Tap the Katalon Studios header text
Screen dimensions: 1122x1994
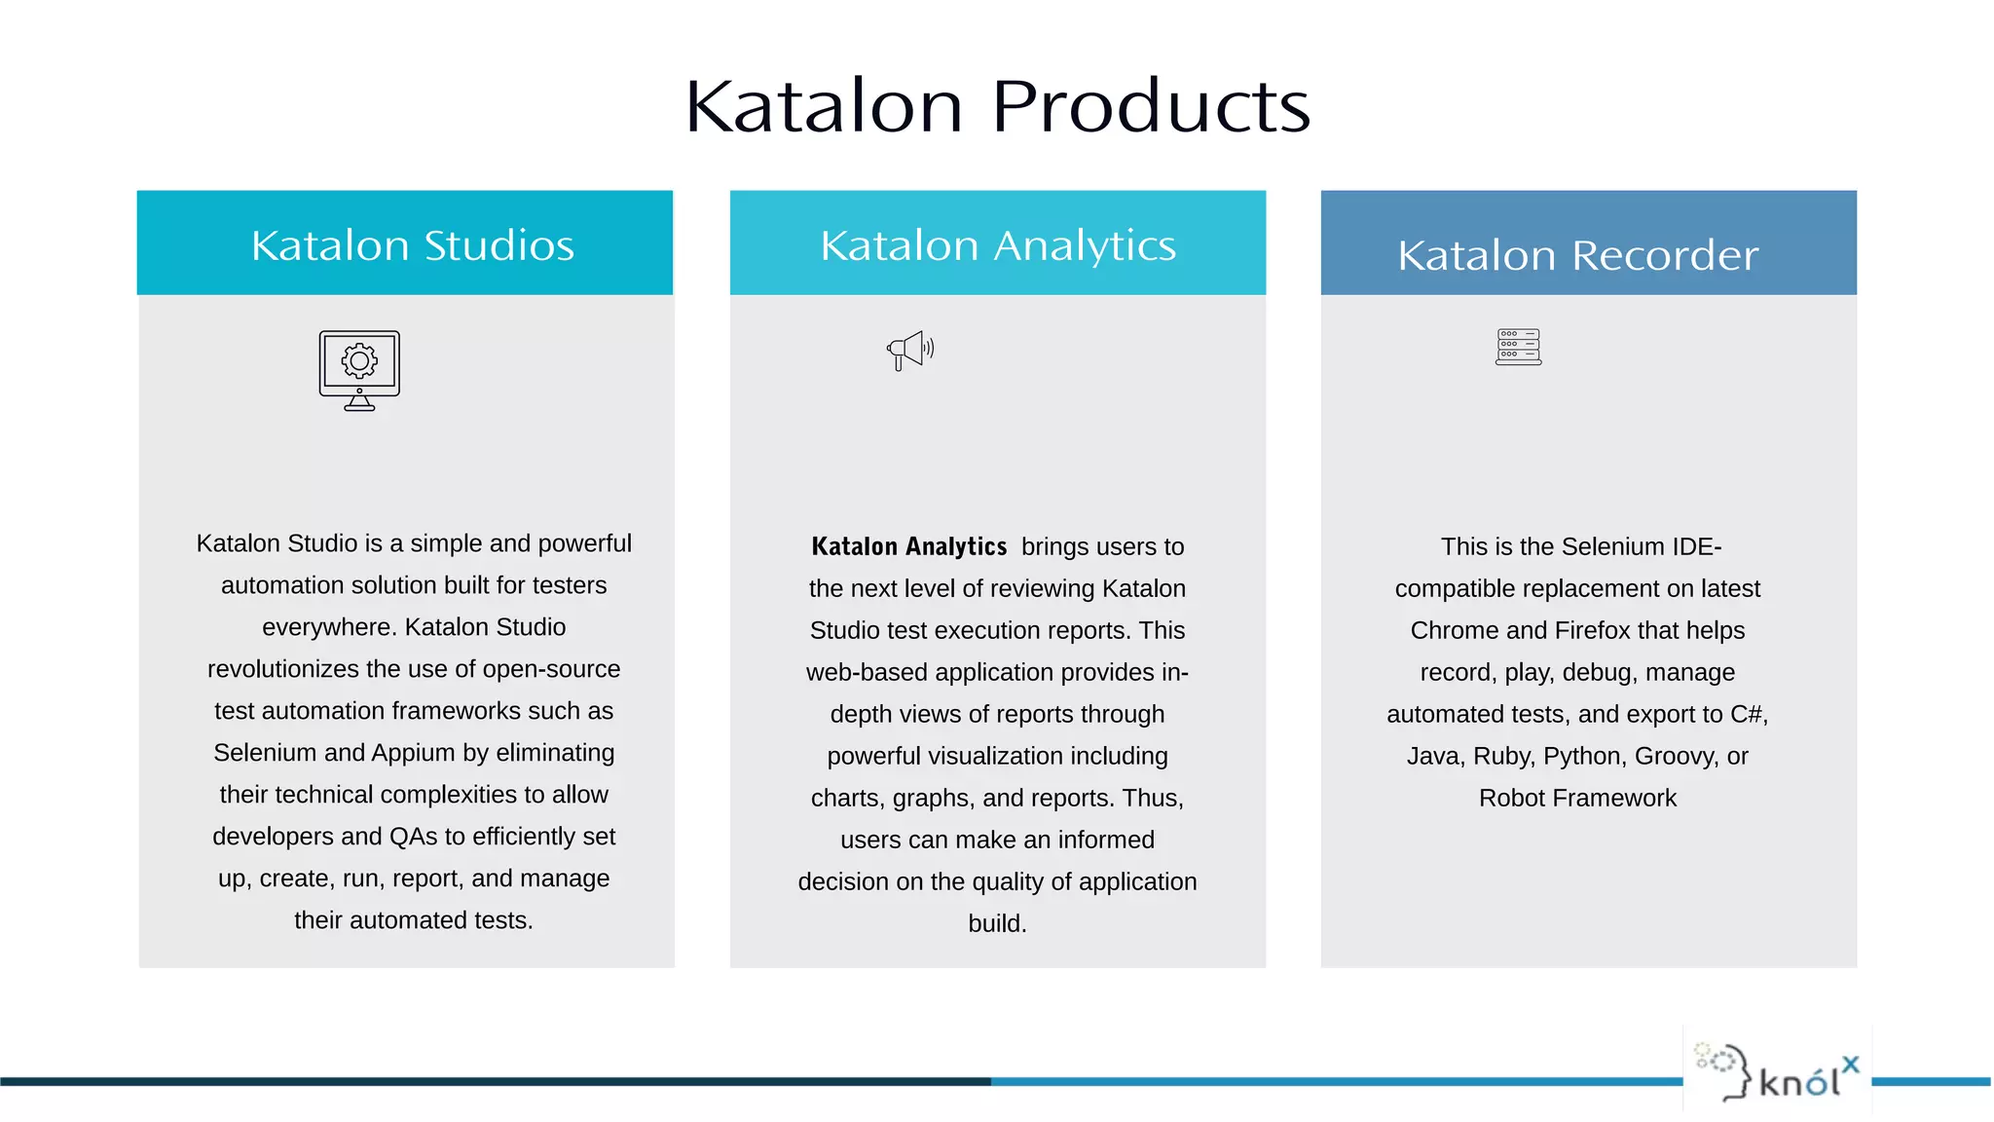[x=413, y=245]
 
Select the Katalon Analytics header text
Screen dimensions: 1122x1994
[x=998, y=245]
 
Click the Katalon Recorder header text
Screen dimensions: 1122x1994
[x=1577, y=255]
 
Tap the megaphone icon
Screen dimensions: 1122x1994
[x=909, y=351]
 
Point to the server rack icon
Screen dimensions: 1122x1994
[x=1518, y=348]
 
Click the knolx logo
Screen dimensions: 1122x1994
[x=1778, y=1071]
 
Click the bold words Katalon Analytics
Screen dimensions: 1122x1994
[x=908, y=546]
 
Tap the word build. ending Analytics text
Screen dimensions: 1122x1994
[x=997, y=923]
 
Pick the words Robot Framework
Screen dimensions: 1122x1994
[x=1577, y=798]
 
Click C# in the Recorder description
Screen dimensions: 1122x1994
[x=1747, y=714]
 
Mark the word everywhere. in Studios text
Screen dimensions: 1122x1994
[x=329, y=627]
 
